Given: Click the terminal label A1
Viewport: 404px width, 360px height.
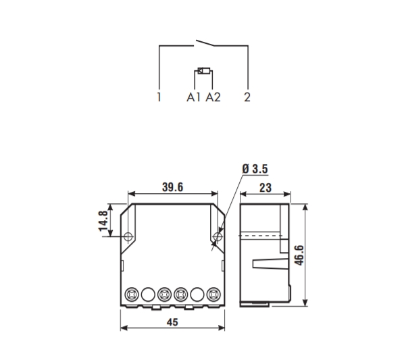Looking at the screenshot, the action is [193, 97].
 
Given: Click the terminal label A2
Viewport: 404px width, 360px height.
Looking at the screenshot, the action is [213, 97].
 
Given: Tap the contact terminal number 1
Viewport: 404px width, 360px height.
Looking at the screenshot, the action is [159, 97].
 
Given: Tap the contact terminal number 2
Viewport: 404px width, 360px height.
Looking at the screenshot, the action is [247, 97].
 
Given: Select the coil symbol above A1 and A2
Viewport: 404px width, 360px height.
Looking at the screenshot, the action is [204, 71].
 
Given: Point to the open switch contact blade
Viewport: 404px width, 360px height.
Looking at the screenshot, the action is [205, 43].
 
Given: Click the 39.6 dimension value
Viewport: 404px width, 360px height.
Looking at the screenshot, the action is [173, 187].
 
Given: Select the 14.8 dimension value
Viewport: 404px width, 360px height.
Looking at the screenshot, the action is [103, 221].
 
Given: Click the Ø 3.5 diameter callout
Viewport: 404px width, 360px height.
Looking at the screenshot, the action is [255, 169].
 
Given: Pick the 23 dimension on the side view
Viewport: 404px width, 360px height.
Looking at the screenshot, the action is [266, 188].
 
